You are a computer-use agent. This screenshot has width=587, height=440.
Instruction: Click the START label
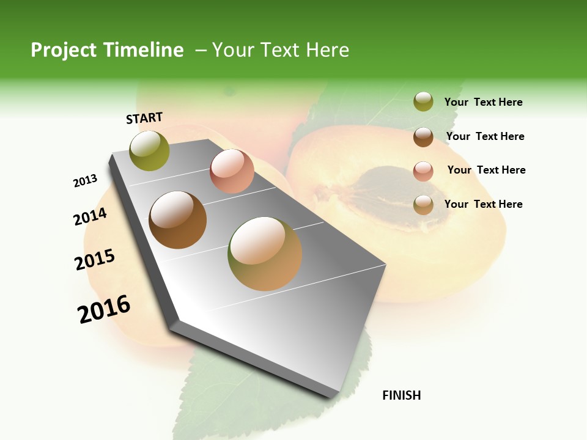tap(144, 118)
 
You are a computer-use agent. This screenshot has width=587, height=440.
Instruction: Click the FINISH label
tap(401, 395)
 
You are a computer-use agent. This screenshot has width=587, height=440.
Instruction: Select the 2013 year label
tap(85, 181)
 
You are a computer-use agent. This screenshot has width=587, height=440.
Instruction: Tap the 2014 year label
tap(90, 216)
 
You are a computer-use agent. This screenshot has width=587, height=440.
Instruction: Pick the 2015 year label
tap(95, 260)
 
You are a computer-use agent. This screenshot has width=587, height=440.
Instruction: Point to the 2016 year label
tap(104, 309)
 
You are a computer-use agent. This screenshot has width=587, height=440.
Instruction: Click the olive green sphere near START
tap(150, 150)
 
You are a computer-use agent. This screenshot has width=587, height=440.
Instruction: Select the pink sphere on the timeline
tap(232, 171)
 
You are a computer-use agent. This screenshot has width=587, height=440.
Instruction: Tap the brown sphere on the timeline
tap(177, 220)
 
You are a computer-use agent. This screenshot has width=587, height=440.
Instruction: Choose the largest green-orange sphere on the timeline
tap(265, 254)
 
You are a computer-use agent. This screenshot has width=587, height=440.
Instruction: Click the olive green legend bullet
tap(423, 102)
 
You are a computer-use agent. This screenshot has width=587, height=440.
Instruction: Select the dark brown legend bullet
tap(423, 137)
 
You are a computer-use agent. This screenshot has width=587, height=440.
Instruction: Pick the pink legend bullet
tap(423, 171)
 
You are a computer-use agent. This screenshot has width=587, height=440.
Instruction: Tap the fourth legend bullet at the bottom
tap(423, 205)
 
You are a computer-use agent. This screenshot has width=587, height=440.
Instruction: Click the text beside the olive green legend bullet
tap(483, 102)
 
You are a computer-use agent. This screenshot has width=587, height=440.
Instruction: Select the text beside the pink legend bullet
tap(486, 170)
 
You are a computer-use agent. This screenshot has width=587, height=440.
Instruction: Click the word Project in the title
tap(64, 50)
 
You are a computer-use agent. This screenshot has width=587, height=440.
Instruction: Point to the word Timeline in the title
tap(146, 50)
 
